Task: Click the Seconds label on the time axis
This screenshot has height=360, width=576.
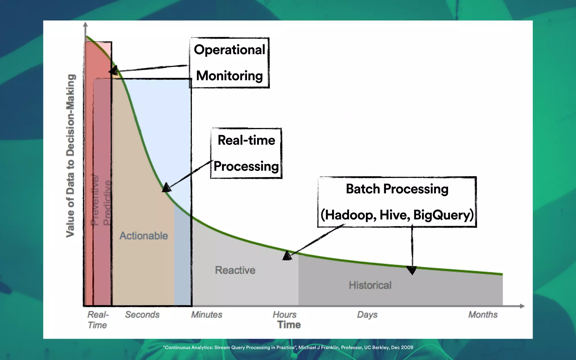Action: coord(142,314)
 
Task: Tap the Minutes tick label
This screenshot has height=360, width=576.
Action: coord(207,314)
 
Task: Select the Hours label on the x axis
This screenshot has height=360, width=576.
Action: coord(285,314)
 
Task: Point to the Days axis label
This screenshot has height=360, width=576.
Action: coord(367,314)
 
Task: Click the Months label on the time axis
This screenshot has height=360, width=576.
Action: coord(483,314)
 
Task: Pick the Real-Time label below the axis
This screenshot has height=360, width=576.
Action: coord(98,320)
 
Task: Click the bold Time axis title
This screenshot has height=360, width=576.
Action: coord(289,325)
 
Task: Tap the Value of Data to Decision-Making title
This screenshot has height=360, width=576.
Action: coord(71,156)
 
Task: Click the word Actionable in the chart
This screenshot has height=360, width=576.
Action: coord(144,236)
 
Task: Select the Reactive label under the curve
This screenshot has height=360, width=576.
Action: coord(235,270)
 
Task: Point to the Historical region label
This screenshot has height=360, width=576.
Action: coord(370,285)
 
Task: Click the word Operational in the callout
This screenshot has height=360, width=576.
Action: coord(229,50)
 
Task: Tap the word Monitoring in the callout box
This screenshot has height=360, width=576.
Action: coord(229,76)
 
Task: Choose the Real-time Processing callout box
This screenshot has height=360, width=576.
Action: coord(246,153)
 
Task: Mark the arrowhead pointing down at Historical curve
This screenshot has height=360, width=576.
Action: coord(412,270)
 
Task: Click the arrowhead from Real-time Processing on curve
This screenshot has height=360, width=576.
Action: coord(166,188)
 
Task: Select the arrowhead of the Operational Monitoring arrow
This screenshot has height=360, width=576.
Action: coord(113,70)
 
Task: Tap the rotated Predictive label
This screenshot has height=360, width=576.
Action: coord(107,202)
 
